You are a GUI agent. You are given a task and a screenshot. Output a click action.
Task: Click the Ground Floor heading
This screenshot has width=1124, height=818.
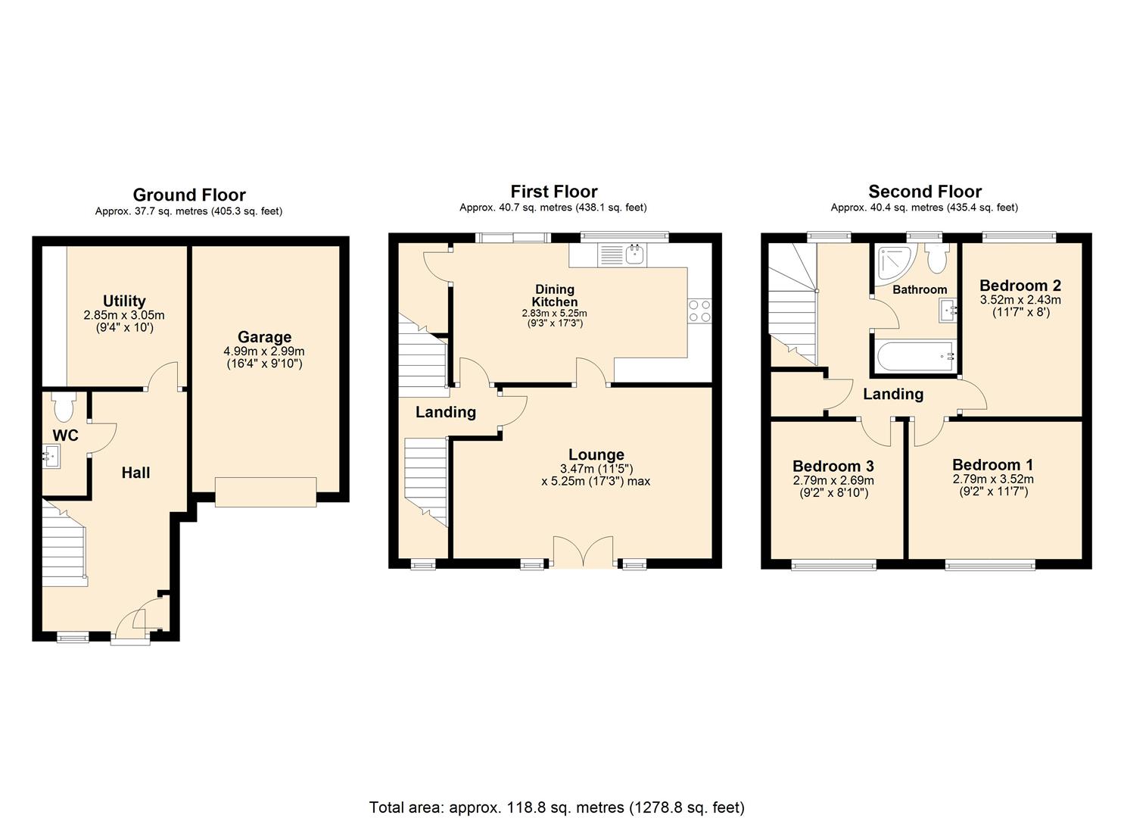[189, 195]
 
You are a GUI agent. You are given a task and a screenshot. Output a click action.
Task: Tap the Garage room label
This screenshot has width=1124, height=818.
[264, 337]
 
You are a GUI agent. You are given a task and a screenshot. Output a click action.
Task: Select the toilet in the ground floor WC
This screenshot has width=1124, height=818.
[63, 407]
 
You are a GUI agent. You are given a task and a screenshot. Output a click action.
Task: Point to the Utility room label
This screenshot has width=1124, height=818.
[124, 301]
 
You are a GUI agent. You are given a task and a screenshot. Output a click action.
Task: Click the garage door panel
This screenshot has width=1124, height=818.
[266, 492]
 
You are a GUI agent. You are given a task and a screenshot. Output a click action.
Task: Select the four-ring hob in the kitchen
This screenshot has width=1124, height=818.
[699, 311]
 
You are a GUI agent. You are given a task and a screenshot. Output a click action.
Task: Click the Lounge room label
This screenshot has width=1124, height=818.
[596, 454]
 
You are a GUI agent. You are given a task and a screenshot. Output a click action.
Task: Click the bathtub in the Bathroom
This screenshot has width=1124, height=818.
[914, 357]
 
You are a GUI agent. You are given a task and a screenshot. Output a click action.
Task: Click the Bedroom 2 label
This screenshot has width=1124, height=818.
[1020, 286]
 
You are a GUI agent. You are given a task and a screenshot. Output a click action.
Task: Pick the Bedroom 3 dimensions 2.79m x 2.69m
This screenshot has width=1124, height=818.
[833, 480]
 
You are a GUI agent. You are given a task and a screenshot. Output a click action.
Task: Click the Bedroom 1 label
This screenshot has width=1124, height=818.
[992, 465]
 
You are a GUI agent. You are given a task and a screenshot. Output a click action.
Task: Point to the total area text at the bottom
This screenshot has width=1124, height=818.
[556, 807]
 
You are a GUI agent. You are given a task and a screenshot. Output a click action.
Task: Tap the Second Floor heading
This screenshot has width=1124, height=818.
[924, 192]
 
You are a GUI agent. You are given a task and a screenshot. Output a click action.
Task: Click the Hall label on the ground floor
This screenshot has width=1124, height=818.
[136, 473]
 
